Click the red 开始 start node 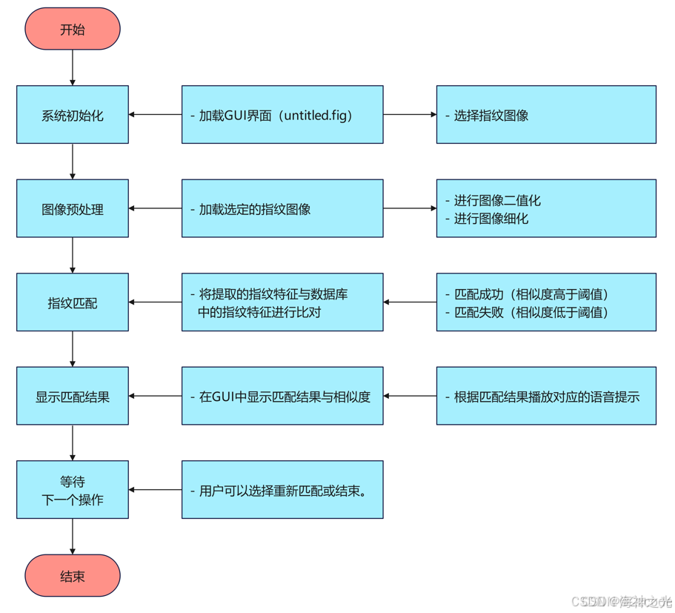73,30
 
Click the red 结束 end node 73,576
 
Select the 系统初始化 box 73,115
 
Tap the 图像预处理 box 73,209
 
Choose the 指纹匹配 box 73,302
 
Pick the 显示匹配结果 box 73,396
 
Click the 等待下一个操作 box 73,490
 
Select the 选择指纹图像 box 546,115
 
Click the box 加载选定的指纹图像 282,209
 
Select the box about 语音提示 546,396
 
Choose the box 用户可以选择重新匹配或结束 282,490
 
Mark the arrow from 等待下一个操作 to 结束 73,536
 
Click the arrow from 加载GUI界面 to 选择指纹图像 410,115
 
